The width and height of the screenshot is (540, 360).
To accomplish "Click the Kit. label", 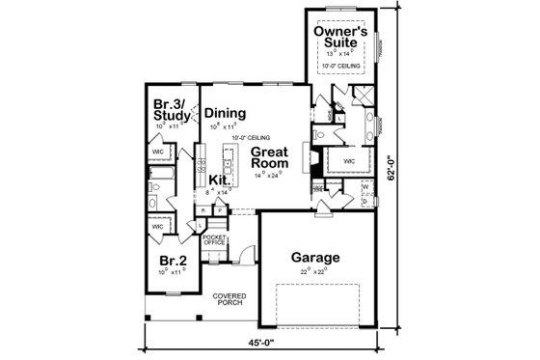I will (x=219, y=180).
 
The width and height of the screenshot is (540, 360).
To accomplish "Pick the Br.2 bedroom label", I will (x=173, y=260).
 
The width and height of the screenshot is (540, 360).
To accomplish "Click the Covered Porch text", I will (x=231, y=300).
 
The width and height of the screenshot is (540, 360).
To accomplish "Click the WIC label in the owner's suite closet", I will (x=348, y=160).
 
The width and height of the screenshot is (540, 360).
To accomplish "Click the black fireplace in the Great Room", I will (x=313, y=161).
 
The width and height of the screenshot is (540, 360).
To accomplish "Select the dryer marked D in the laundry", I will (x=364, y=202).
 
